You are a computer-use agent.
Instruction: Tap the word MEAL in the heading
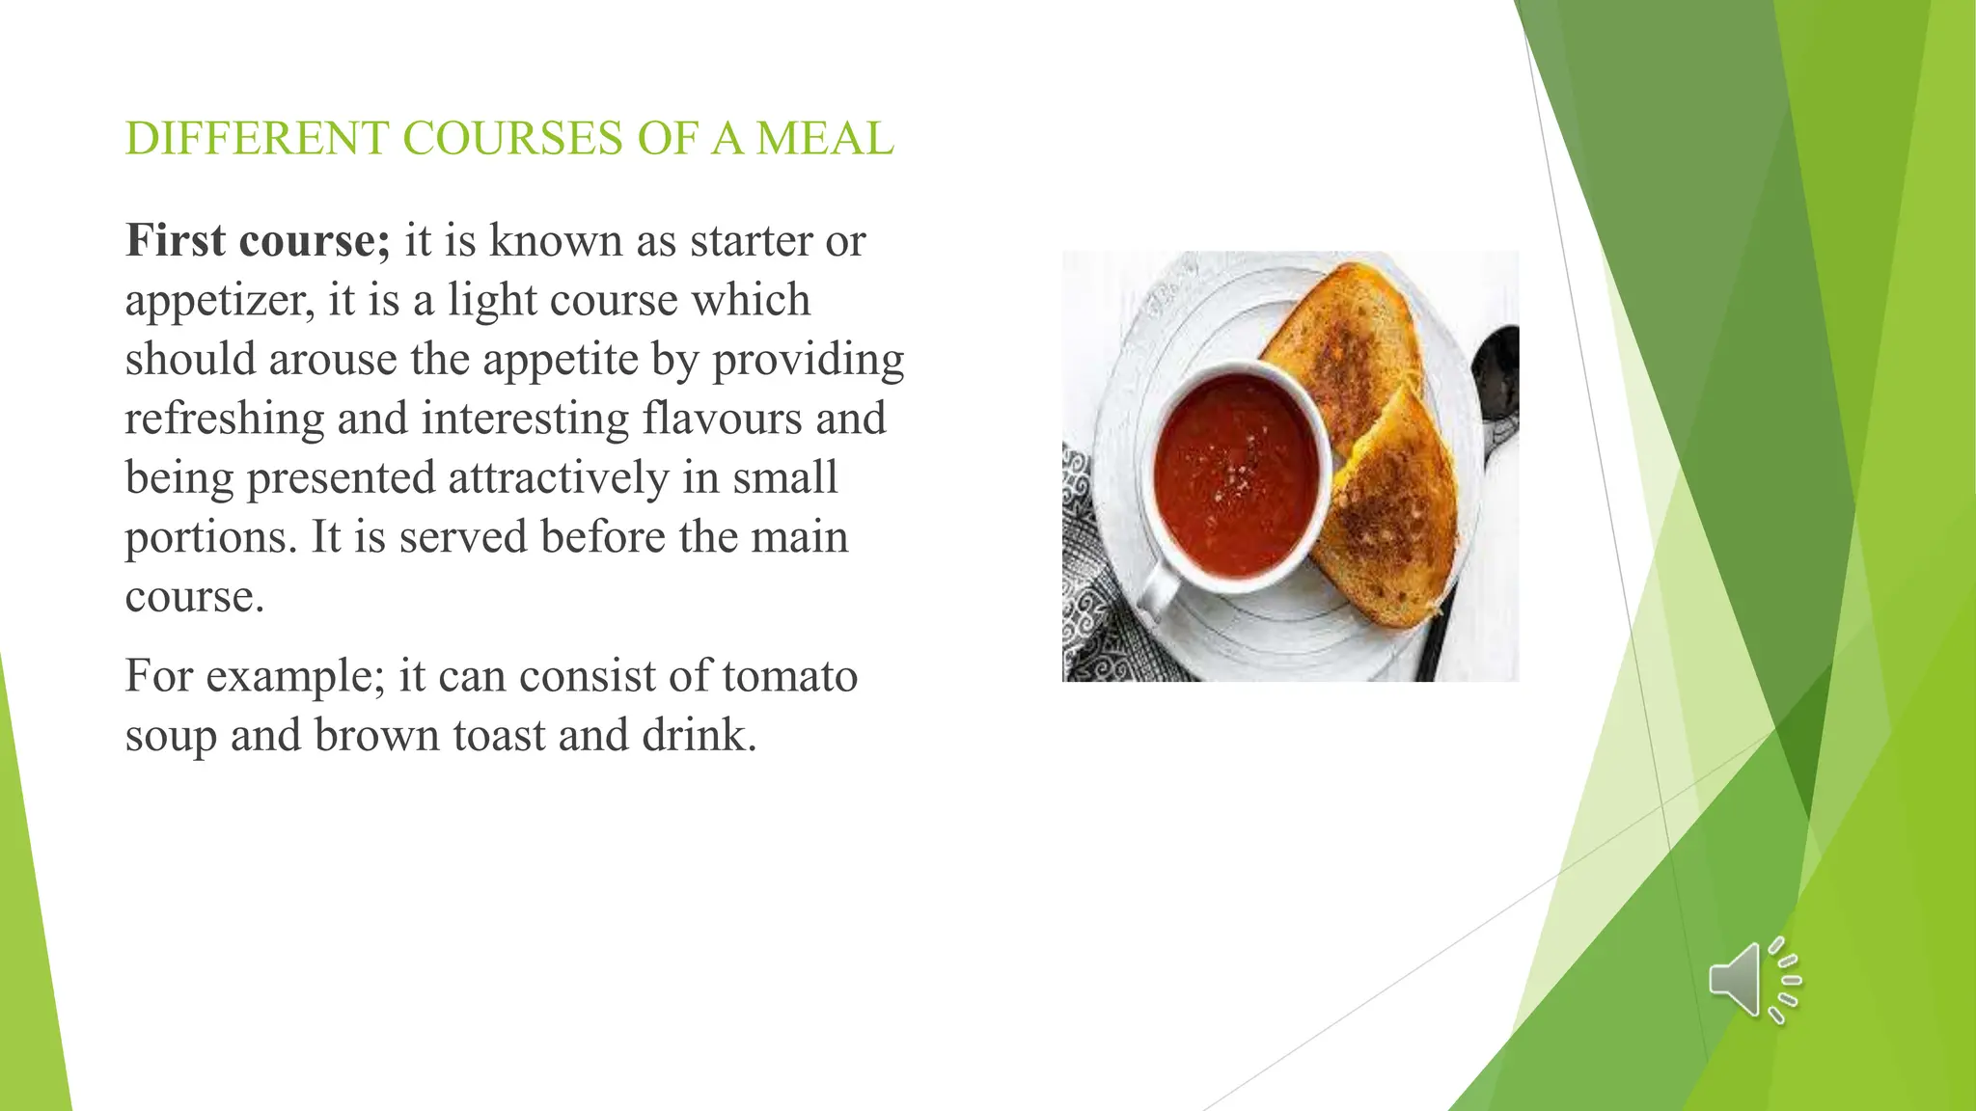click(825, 138)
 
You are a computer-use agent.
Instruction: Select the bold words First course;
click(258, 240)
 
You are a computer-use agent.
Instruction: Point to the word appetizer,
click(220, 300)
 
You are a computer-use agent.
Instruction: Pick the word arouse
click(333, 359)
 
